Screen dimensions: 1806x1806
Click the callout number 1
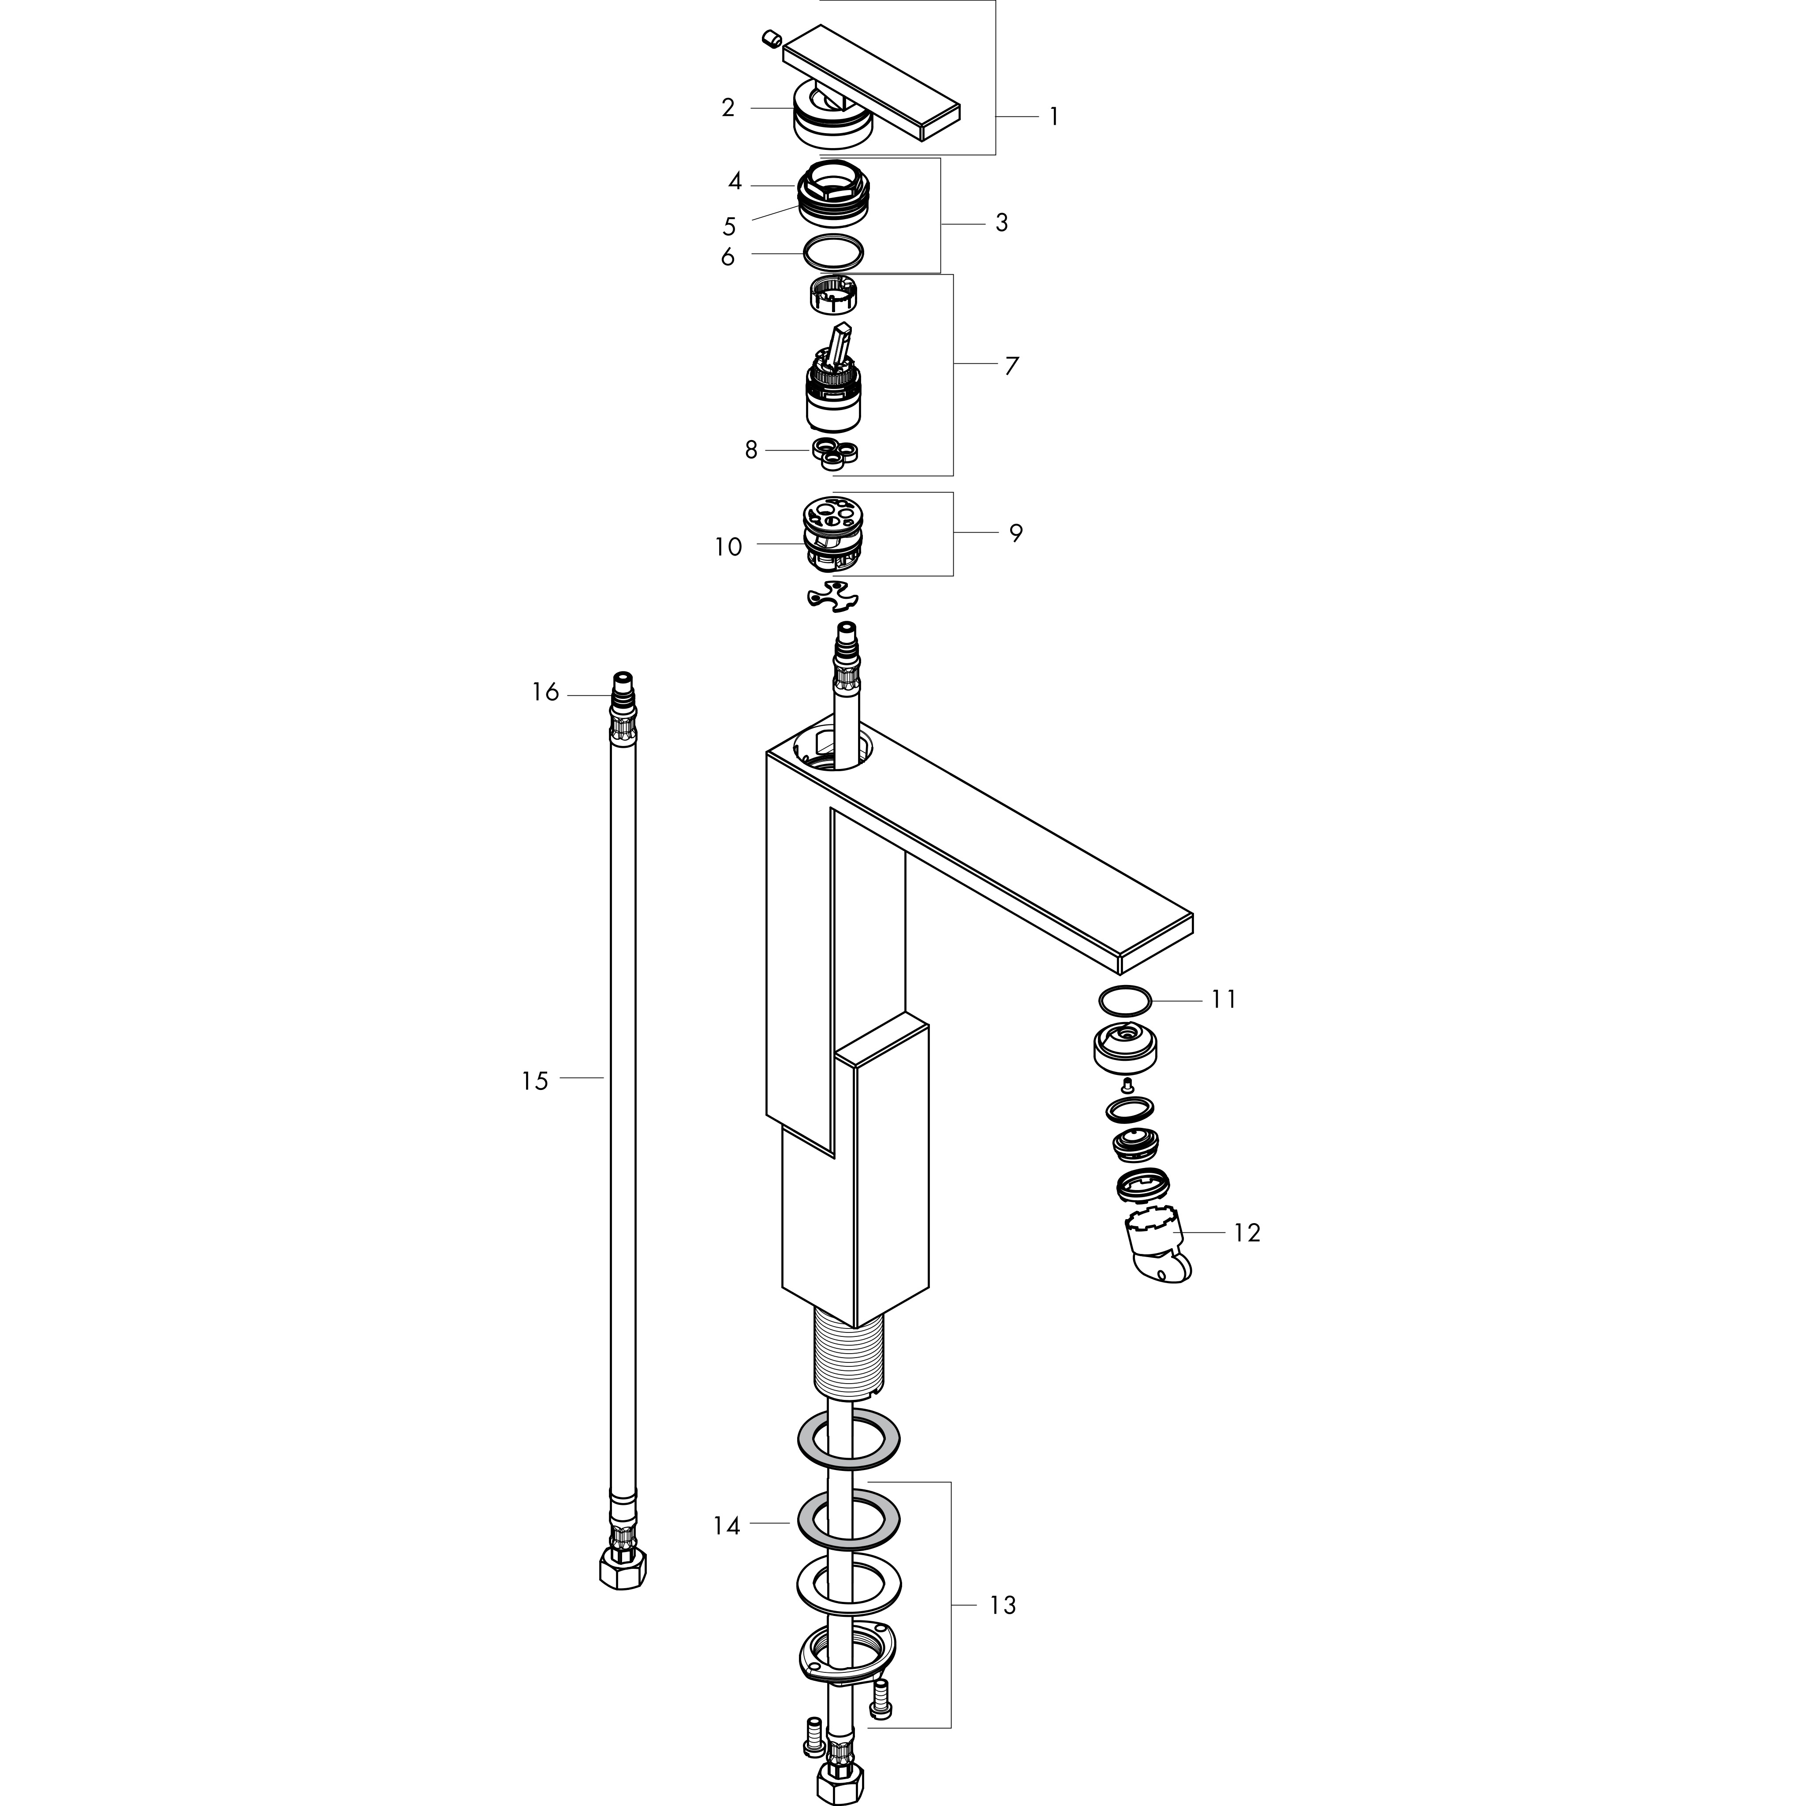[1053, 117]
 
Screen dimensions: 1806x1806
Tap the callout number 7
[1011, 366]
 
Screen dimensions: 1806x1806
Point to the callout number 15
[535, 1082]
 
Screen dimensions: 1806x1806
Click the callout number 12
[1247, 1233]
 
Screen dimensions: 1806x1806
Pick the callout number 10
[728, 547]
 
